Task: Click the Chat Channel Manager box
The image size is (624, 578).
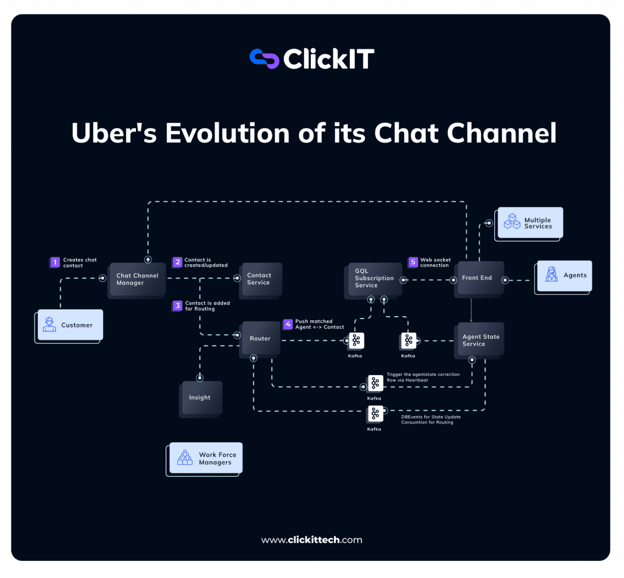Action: [x=137, y=280]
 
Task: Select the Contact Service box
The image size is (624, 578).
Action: [x=260, y=280]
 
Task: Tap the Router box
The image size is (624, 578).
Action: [x=260, y=339]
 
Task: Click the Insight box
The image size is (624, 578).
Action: [x=200, y=398]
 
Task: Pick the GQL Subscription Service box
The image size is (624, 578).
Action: [x=374, y=279]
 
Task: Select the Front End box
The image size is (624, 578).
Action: [x=478, y=278]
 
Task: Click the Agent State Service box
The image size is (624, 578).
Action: [x=481, y=340]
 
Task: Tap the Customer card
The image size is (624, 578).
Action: [x=69, y=325]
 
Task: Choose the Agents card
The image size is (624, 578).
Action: [x=564, y=276]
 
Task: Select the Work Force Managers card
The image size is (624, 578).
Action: [x=206, y=459]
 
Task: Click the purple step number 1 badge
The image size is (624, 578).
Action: [x=55, y=263]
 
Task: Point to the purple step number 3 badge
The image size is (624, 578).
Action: [x=177, y=306]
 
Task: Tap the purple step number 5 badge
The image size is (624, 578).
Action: [x=413, y=263]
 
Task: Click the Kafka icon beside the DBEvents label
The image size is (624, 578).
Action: [x=375, y=414]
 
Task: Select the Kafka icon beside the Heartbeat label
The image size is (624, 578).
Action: [x=375, y=383]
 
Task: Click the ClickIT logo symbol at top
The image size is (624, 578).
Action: [x=264, y=58]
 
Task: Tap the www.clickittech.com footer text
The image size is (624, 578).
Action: [x=311, y=540]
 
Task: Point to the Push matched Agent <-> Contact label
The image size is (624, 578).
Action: [x=319, y=324]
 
